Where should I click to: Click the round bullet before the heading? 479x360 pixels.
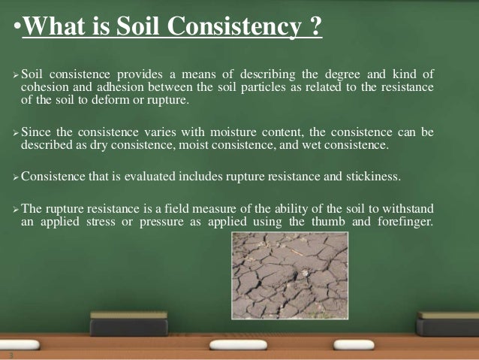point(17,29)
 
